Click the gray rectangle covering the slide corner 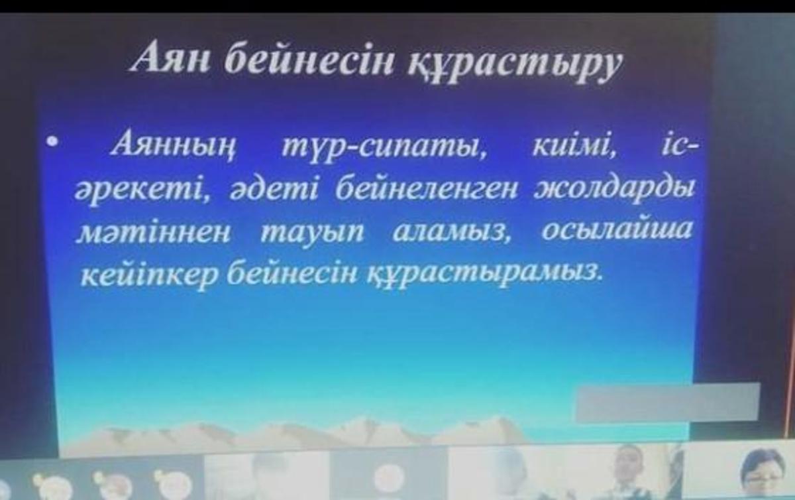pos(666,402)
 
